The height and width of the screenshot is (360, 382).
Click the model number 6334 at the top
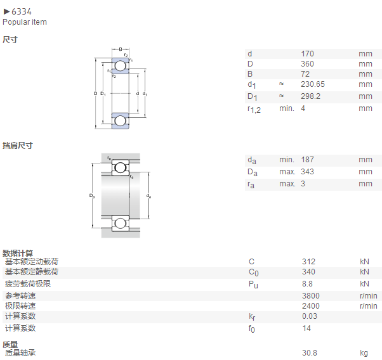click(22, 11)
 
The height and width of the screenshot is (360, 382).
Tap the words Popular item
click(25, 22)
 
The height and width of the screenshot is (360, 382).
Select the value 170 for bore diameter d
click(307, 53)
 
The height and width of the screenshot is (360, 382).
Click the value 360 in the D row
click(307, 64)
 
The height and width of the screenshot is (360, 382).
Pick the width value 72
click(305, 74)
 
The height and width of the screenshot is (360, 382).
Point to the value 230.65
click(313, 84)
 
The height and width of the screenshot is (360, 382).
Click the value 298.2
click(310, 96)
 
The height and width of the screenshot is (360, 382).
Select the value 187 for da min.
click(307, 160)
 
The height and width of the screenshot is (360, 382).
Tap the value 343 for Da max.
click(307, 172)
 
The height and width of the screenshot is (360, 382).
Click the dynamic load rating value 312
click(308, 262)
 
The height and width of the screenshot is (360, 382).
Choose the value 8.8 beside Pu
click(307, 284)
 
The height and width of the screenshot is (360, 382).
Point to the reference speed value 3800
click(311, 296)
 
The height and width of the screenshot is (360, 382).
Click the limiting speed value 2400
click(311, 306)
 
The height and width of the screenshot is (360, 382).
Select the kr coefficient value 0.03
click(310, 316)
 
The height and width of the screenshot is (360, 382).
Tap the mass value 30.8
click(310, 352)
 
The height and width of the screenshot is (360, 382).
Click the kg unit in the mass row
click(364, 353)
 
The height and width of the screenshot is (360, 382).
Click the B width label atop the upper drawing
click(121, 49)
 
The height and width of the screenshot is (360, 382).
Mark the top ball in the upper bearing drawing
click(121, 66)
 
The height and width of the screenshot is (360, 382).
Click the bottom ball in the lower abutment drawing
click(121, 223)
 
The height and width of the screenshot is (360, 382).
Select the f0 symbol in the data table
click(252, 329)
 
